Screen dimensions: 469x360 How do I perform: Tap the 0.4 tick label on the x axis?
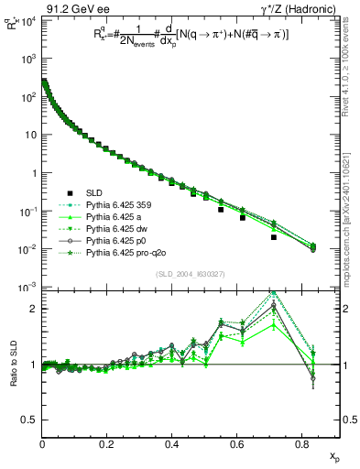tap(171, 444)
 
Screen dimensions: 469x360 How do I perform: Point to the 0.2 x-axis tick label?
tap(107, 444)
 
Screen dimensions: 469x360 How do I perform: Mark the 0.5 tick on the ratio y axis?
tap(29, 420)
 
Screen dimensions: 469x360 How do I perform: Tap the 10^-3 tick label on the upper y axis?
tap(27, 288)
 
